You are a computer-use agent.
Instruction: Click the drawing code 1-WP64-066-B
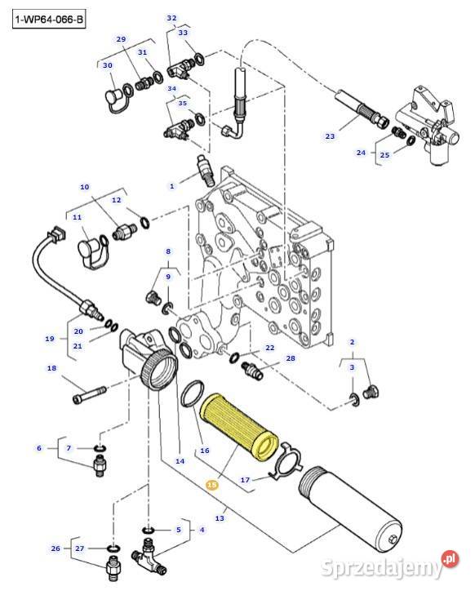pyautogui.click(x=49, y=20)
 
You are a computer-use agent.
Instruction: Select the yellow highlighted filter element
pyautogui.click(x=240, y=427)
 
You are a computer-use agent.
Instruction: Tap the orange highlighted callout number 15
pyautogui.click(x=212, y=485)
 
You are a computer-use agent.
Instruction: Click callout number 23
pyautogui.click(x=330, y=135)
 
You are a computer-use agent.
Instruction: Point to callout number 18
pyautogui.click(x=51, y=368)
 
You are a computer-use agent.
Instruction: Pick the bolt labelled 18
pyautogui.click(x=89, y=394)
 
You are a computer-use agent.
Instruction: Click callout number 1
pyautogui.click(x=172, y=186)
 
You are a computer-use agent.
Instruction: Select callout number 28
pyautogui.click(x=291, y=358)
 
